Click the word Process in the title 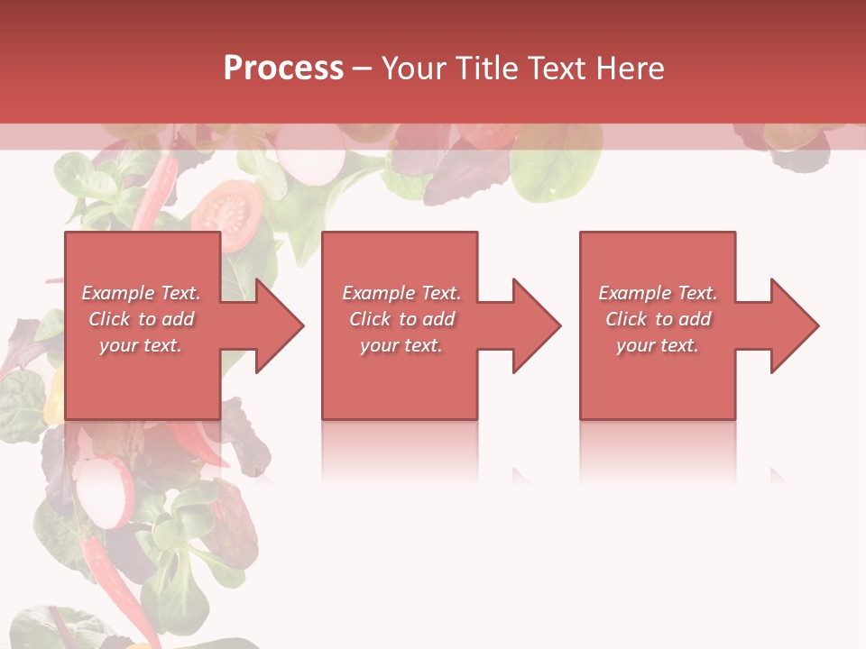[283, 69]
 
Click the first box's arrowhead [275, 325]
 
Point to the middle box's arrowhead [532, 325]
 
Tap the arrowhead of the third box [790, 325]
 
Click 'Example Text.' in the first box [141, 293]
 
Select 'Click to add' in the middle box [401, 319]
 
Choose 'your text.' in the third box [658, 345]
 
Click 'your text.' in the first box [141, 345]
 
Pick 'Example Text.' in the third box [658, 293]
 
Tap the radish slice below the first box [105, 491]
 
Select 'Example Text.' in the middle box [401, 293]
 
